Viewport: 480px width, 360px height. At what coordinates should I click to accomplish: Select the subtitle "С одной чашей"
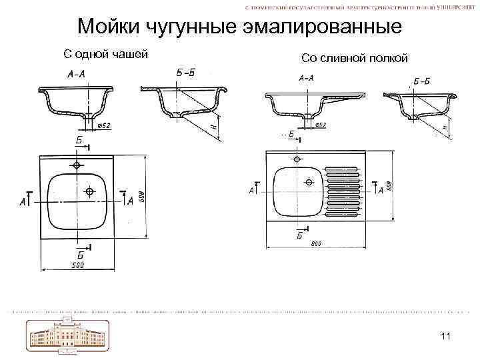click(105, 54)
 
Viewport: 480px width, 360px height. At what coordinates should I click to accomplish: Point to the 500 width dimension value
click(79, 266)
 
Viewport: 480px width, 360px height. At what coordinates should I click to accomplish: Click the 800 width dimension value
click(316, 243)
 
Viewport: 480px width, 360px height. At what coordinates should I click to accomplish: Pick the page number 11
click(446, 336)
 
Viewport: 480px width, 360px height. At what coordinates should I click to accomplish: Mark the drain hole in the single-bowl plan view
click(89, 191)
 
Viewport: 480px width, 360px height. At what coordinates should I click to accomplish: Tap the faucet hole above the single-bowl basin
click(78, 165)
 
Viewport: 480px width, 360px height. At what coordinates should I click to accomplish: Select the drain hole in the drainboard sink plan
click(309, 181)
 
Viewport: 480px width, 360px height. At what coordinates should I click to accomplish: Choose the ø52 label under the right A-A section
click(319, 125)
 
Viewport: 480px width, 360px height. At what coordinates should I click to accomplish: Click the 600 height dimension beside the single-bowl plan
click(141, 197)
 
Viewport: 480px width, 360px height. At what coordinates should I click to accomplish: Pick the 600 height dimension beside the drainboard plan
click(389, 183)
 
